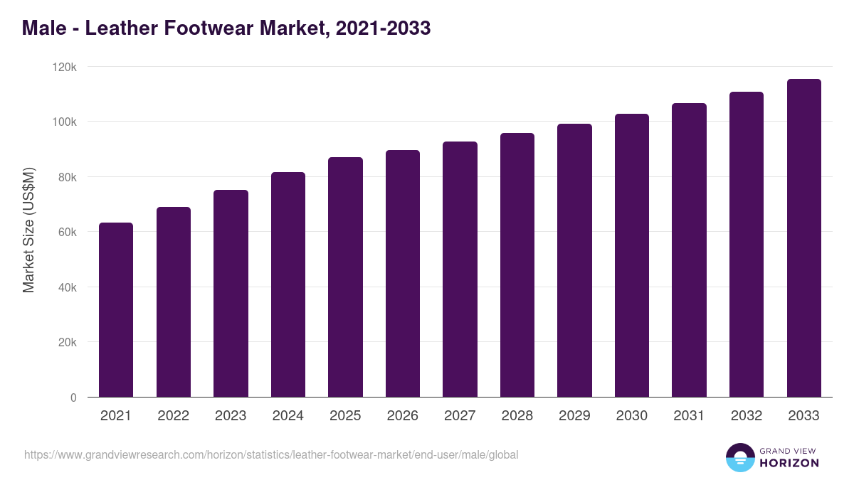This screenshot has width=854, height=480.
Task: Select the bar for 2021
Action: click(116, 310)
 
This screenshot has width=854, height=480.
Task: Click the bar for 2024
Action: click(288, 284)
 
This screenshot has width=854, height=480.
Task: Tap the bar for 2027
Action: click(460, 270)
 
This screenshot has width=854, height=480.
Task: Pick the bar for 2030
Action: click(632, 255)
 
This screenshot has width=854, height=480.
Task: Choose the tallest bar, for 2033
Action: click(803, 238)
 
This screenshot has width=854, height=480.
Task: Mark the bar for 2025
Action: click(345, 277)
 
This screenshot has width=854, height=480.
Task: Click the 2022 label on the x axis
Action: click(173, 416)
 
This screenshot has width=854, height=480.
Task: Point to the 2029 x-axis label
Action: click(574, 416)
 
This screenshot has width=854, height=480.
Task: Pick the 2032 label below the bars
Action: click(747, 416)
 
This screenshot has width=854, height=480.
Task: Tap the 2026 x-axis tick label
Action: click(403, 416)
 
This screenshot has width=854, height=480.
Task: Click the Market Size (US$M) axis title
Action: click(28, 231)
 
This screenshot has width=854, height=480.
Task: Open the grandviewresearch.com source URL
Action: click(271, 454)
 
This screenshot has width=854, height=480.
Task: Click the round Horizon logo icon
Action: click(740, 457)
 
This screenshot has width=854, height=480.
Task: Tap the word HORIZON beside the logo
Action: click(789, 463)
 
